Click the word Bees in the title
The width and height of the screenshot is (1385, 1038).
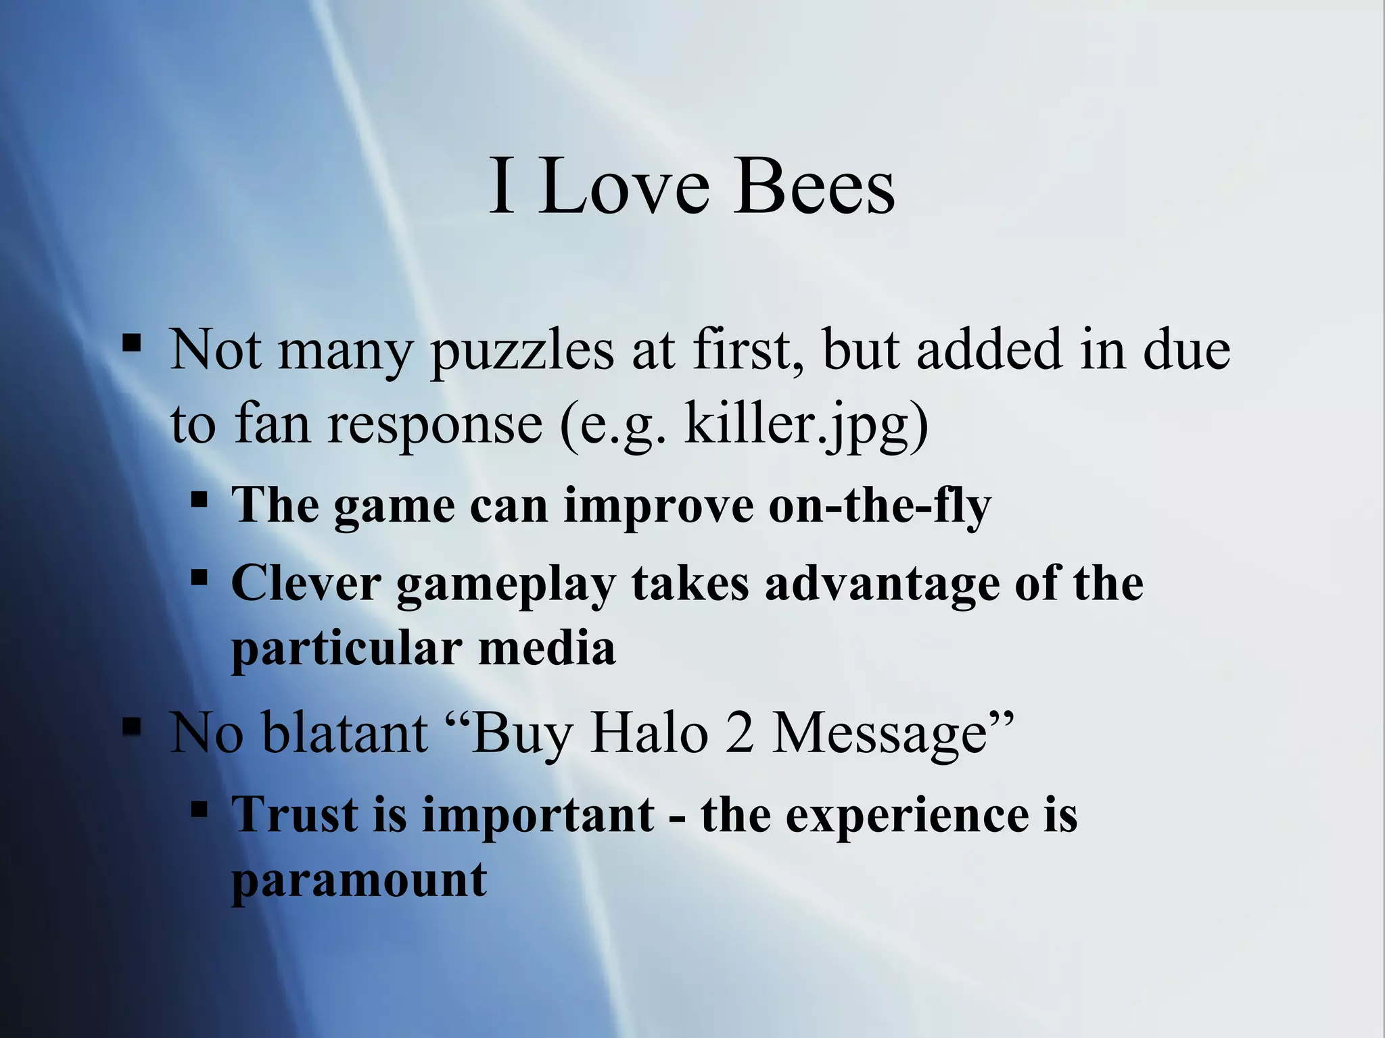(814, 186)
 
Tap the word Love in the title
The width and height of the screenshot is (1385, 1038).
(624, 186)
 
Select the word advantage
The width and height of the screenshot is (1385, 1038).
(882, 584)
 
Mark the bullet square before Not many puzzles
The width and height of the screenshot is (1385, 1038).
(131, 343)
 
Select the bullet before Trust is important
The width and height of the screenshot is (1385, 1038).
(199, 808)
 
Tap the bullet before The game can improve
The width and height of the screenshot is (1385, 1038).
(199, 500)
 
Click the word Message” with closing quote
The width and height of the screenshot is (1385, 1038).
(893, 734)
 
